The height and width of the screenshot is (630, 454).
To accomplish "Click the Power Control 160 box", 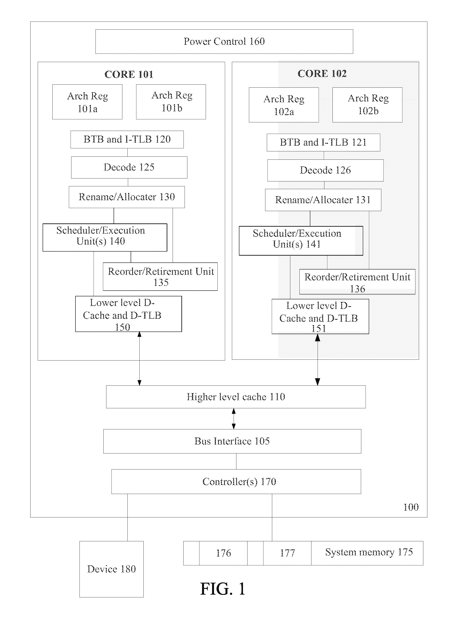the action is pyautogui.click(x=224, y=41).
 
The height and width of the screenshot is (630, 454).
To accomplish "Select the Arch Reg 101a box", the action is pyautogui.click(x=87, y=102).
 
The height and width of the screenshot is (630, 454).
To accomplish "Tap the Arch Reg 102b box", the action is pyautogui.click(x=367, y=105).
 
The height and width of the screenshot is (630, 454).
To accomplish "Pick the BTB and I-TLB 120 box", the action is pyautogui.click(x=127, y=139).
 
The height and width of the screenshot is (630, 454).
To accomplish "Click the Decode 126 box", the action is pyautogui.click(x=325, y=170).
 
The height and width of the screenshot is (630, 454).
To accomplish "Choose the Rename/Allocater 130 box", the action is pyautogui.click(x=127, y=197).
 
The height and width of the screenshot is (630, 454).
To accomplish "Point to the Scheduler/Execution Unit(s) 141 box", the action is pyautogui.click(x=301, y=240).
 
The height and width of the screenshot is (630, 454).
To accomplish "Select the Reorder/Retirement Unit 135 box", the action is pyautogui.click(x=160, y=277).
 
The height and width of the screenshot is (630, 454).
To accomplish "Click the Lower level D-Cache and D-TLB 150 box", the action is pyautogui.click(x=129, y=314).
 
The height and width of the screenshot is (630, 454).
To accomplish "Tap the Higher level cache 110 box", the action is pyautogui.click(x=236, y=397).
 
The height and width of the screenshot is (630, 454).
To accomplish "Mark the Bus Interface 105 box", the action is pyautogui.click(x=232, y=441).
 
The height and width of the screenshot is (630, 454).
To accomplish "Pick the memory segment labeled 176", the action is pyautogui.click(x=223, y=553).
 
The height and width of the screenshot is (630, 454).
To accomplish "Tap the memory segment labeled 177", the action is pyautogui.click(x=287, y=553).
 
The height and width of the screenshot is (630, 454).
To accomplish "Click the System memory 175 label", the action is pyautogui.click(x=369, y=552).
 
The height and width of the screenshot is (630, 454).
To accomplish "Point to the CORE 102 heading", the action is pyautogui.click(x=322, y=74).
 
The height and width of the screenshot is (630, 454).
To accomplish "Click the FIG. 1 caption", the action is pyautogui.click(x=223, y=589).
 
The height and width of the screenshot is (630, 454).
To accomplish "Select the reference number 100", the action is pyautogui.click(x=411, y=507).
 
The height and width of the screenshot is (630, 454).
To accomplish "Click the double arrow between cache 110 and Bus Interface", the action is pyautogui.click(x=234, y=419).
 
